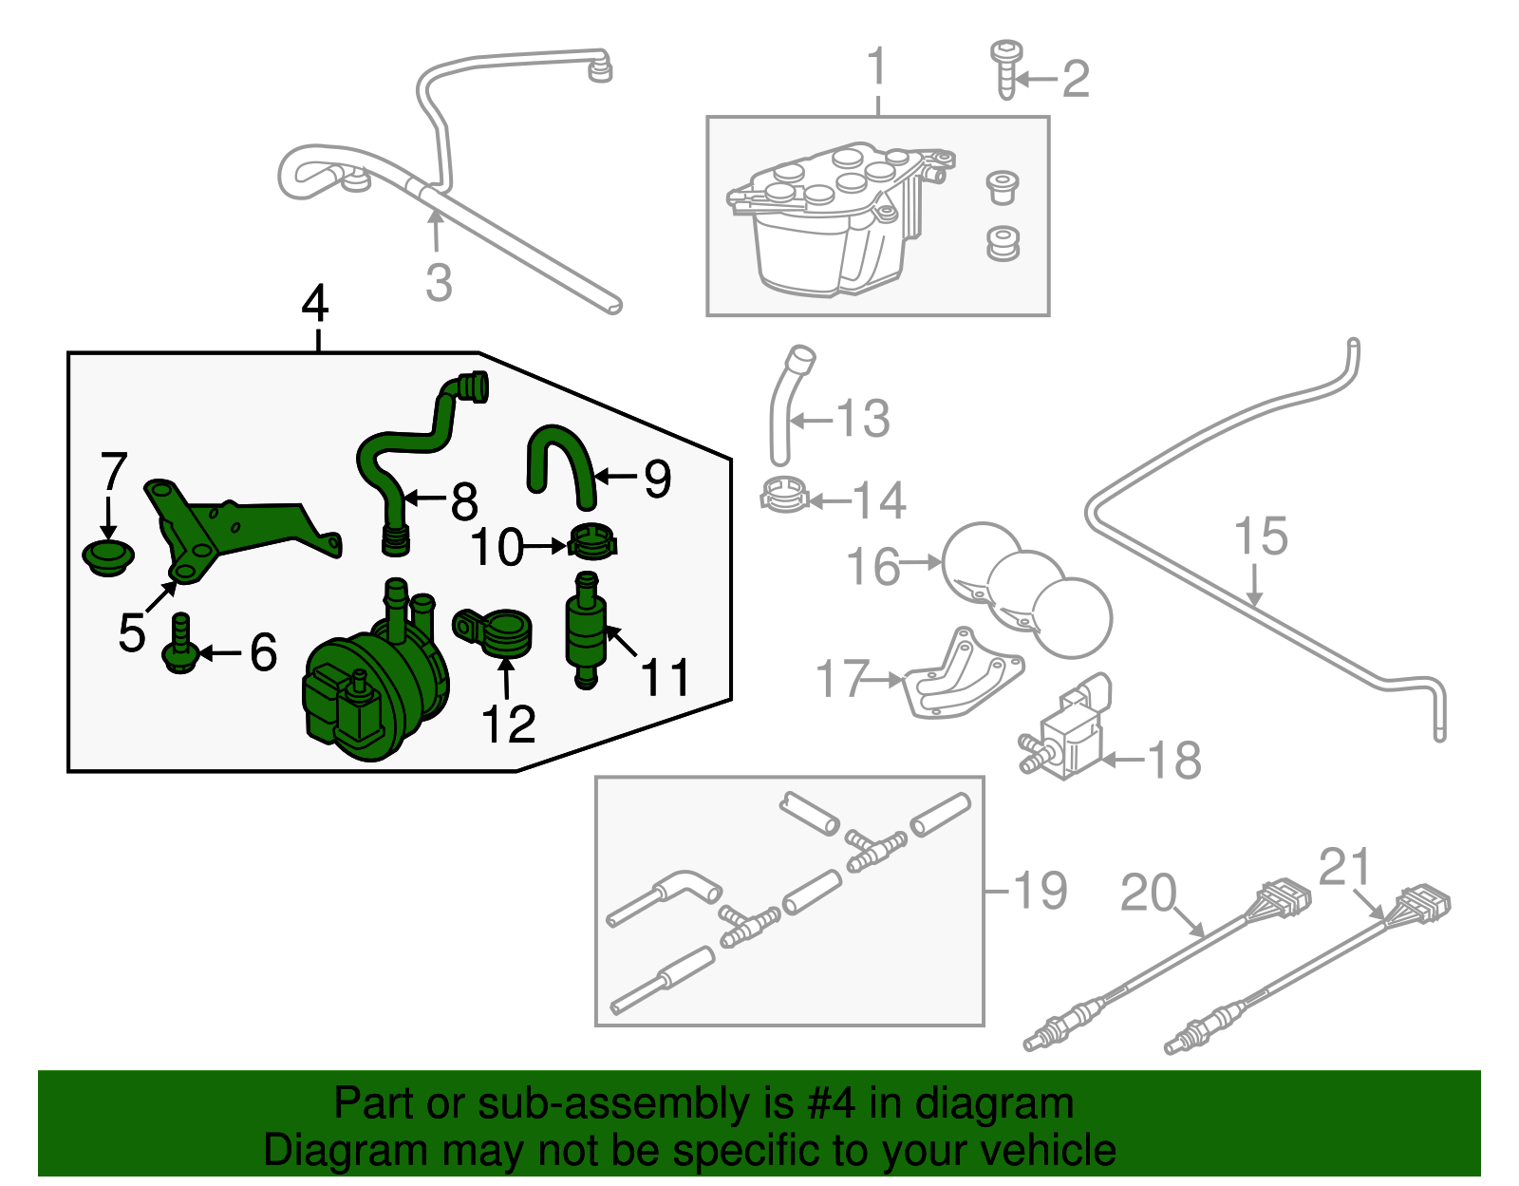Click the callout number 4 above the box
click(315, 304)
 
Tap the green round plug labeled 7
click(107, 556)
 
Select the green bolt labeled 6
click(180, 646)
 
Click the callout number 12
click(509, 725)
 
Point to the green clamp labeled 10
click(593, 542)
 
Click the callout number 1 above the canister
click(877, 68)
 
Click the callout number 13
click(864, 419)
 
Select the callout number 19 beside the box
click(1040, 891)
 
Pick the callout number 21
click(1346, 867)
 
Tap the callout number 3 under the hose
click(439, 283)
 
